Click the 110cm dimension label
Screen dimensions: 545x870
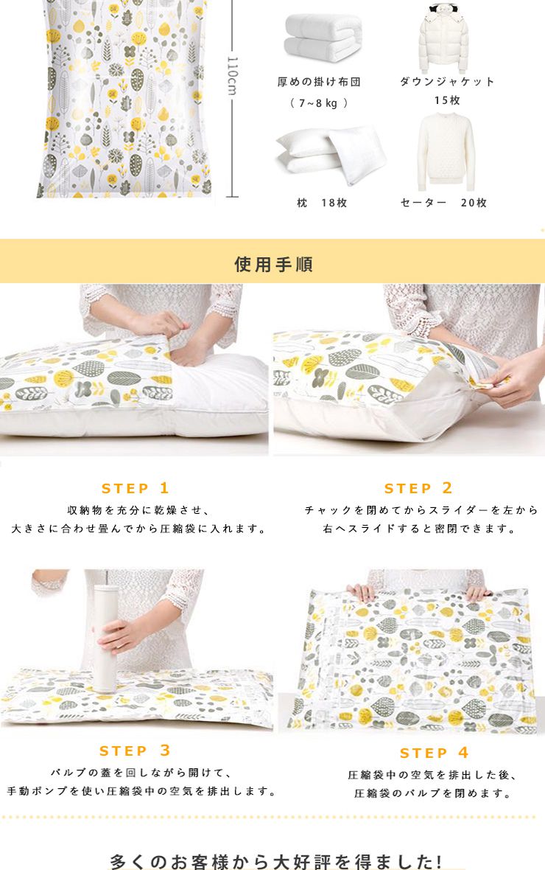pyautogui.click(x=233, y=75)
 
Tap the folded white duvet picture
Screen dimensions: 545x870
pyautogui.click(x=323, y=38)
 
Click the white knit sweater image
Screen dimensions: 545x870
pyautogui.click(x=446, y=151)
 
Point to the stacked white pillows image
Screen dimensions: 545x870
pyautogui.click(x=331, y=153)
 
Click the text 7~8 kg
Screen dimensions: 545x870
pyautogui.click(x=319, y=103)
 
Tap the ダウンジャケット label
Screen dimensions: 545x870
pyautogui.click(x=447, y=82)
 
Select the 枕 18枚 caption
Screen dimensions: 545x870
pyautogui.click(x=322, y=203)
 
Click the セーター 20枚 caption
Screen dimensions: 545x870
pyautogui.click(x=443, y=203)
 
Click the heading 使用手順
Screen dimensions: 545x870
pyautogui.click(x=273, y=264)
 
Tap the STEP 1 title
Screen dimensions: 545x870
pyautogui.click(x=136, y=488)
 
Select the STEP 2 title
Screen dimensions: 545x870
pyautogui.click(x=418, y=488)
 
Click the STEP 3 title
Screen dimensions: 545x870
pyautogui.click(x=135, y=751)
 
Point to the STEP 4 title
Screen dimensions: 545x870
pyautogui.click(x=435, y=753)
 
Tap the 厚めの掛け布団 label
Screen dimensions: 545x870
pyautogui.click(x=320, y=82)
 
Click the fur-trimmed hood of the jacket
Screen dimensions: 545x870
pyautogui.click(x=444, y=11)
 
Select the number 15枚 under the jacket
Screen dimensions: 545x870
pyautogui.click(x=447, y=100)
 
